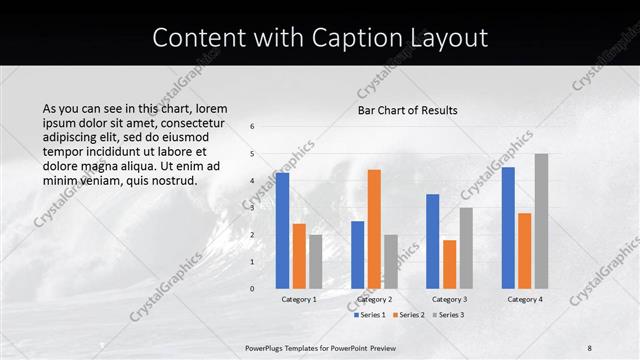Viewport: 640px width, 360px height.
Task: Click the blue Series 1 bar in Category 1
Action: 283,231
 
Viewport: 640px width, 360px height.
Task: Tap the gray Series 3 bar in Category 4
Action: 541,221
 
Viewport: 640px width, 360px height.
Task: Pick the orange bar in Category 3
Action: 449,264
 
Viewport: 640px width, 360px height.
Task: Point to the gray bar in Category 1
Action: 316,262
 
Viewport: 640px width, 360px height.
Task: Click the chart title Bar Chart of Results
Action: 407,110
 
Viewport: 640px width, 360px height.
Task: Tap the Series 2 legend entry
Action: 408,315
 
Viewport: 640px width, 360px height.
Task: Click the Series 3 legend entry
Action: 448,315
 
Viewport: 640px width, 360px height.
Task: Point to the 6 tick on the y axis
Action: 253,127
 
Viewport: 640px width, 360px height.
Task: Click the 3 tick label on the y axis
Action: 253,208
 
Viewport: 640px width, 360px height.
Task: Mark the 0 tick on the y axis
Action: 253,288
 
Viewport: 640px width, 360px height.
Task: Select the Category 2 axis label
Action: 374,299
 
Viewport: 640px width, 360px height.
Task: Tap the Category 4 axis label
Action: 524,299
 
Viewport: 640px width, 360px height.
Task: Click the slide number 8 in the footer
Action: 590,347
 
